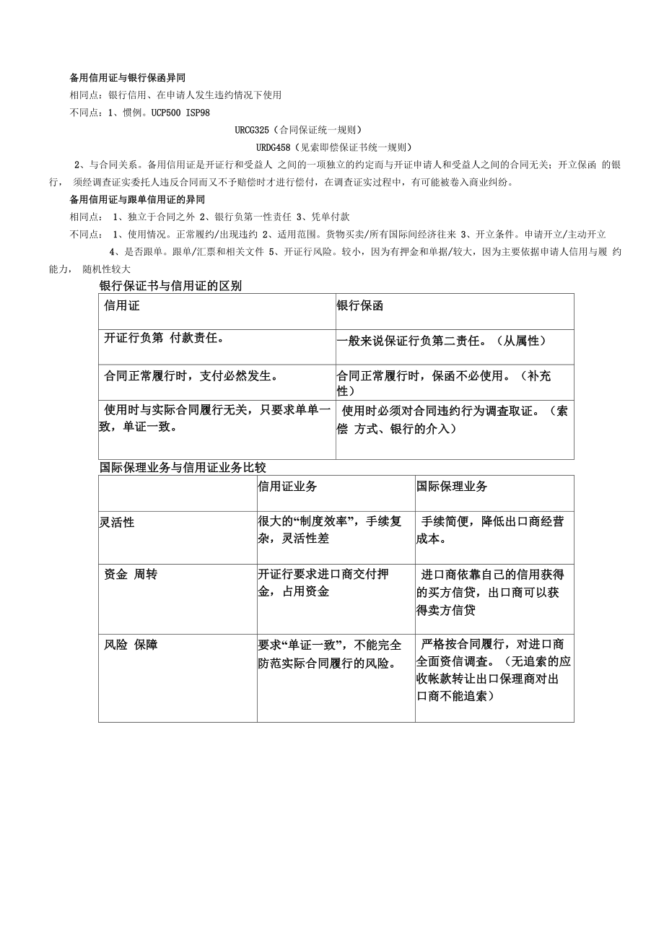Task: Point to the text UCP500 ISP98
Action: [180, 113]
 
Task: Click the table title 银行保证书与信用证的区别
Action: [170, 286]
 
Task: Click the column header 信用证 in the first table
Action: [122, 305]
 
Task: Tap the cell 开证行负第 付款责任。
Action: [165, 338]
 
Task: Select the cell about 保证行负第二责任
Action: [442, 341]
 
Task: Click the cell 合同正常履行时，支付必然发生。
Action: [192, 375]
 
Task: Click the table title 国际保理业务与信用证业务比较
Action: [183, 468]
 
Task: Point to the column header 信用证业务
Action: [287, 487]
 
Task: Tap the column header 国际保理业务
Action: [452, 487]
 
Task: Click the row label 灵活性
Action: [117, 522]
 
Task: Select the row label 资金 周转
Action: [131, 575]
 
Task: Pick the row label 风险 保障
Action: [131, 645]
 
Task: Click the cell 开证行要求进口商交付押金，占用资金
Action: [323, 583]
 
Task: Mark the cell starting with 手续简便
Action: [492, 529]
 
